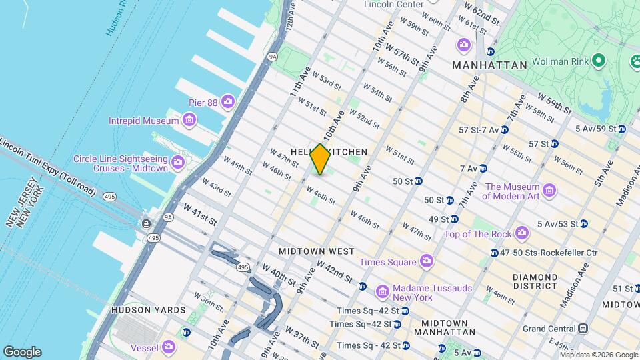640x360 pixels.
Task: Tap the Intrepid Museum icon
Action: (x=189, y=121)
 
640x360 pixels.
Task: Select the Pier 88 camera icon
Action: (x=228, y=101)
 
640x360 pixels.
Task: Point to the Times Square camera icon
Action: (x=425, y=261)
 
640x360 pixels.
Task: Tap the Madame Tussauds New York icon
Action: (x=382, y=292)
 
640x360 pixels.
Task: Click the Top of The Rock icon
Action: (x=521, y=233)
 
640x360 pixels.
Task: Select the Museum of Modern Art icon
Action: (x=549, y=191)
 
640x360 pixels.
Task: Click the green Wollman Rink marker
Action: (x=599, y=62)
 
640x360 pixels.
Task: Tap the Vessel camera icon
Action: (x=168, y=346)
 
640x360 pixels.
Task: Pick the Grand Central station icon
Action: (x=583, y=328)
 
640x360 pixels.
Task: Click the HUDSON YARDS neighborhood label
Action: (x=139, y=310)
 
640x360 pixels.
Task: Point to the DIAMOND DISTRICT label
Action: (x=534, y=281)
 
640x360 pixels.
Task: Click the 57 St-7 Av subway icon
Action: (x=505, y=129)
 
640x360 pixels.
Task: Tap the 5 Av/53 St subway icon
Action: (x=583, y=223)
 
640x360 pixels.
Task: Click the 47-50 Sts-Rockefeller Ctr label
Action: (x=546, y=253)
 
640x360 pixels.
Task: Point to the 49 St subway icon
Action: (x=454, y=219)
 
